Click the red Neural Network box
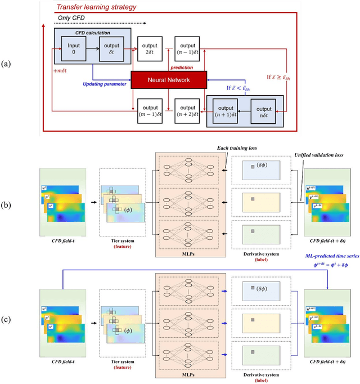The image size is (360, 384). [x=168, y=80]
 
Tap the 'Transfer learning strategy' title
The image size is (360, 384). [x=97, y=7]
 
